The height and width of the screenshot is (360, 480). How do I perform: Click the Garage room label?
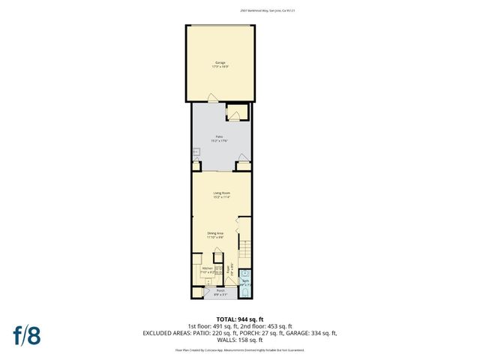pyautogui.click(x=221, y=64)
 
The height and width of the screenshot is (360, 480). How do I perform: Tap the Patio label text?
pyautogui.click(x=220, y=138)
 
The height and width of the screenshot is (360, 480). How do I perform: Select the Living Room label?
pyautogui.click(x=221, y=194)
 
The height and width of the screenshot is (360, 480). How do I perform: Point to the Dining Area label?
pyautogui.click(x=216, y=234)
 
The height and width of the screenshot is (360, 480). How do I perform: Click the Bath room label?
pyautogui.click(x=245, y=282)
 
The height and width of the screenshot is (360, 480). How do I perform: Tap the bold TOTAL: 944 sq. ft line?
pyautogui.click(x=240, y=319)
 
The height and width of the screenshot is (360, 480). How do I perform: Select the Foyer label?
pyautogui.click(x=230, y=270)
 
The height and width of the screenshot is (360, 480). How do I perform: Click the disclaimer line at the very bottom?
pyautogui.click(x=240, y=349)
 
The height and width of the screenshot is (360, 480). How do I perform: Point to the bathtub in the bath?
pyautogui.click(x=244, y=289)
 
